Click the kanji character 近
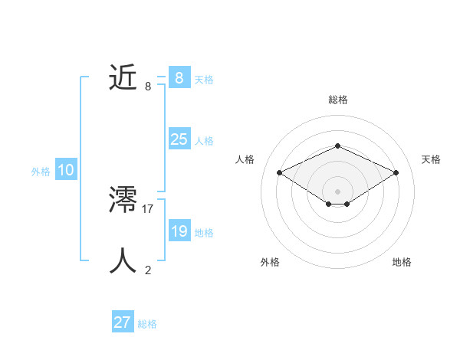(x=123, y=78)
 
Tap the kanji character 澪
(x=123, y=201)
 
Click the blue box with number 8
(x=179, y=78)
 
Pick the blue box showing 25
(x=179, y=139)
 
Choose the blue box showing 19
(x=179, y=231)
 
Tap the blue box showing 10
(x=66, y=170)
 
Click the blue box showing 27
(x=123, y=322)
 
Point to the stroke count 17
(x=148, y=208)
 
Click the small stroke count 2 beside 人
(x=148, y=270)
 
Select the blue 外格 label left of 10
(x=41, y=172)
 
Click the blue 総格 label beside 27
(x=147, y=324)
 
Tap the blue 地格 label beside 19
(x=204, y=233)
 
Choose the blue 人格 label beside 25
(x=204, y=141)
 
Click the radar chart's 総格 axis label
(x=337, y=100)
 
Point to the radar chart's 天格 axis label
(x=431, y=159)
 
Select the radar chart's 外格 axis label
(x=270, y=262)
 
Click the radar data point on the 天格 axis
(x=396, y=173)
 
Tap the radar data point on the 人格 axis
(x=280, y=173)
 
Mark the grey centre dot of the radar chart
(x=337, y=191)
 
